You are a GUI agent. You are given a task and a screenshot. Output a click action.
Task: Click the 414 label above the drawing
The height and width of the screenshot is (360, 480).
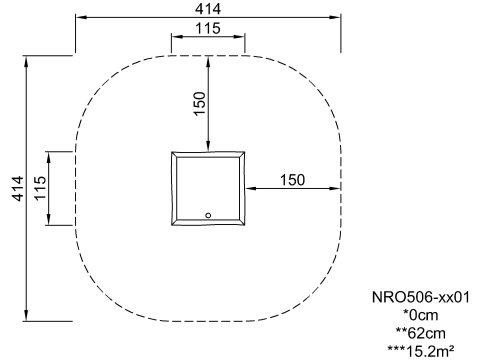point(208,9)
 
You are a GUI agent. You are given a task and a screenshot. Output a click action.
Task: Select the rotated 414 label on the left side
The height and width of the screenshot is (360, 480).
point(18,188)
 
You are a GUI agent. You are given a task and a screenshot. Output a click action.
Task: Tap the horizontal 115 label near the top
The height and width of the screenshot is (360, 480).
point(208,28)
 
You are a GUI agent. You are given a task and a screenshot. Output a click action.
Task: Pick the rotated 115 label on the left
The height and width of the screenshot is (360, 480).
point(40,188)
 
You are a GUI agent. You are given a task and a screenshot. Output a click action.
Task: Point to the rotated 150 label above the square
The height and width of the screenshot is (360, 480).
point(199,103)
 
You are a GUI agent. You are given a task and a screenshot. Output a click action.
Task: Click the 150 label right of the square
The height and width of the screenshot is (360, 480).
point(292,180)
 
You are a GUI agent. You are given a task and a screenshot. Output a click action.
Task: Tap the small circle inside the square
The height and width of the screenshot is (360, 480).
point(208,215)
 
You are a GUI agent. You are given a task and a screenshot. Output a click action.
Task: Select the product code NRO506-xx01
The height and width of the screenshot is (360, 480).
point(421,297)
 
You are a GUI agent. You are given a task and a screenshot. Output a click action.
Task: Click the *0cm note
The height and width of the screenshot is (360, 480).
point(421,315)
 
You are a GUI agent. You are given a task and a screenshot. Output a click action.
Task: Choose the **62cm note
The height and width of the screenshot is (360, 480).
point(421,333)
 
